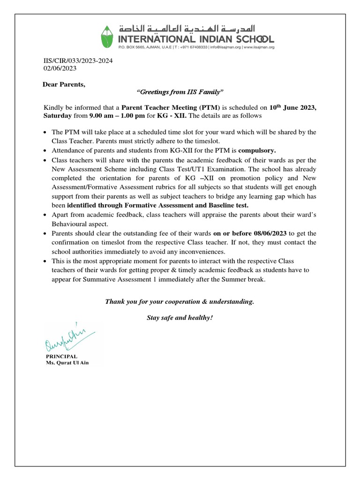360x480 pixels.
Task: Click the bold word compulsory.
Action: (x=257, y=151)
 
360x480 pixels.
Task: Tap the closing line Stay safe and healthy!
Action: (x=180, y=318)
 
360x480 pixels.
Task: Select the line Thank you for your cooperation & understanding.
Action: (x=180, y=301)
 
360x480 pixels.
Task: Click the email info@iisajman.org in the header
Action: (x=222, y=47)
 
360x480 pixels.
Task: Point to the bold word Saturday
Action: (x=58, y=115)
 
